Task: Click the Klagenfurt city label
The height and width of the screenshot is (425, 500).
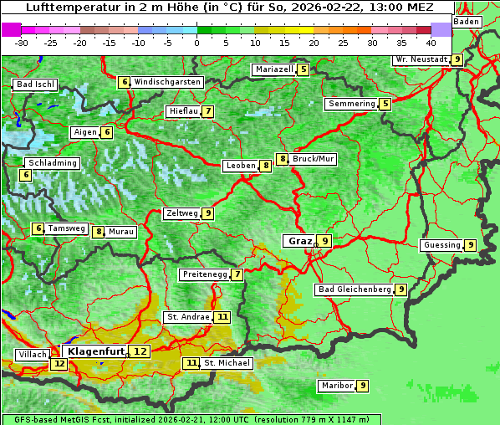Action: pyautogui.click(x=96, y=351)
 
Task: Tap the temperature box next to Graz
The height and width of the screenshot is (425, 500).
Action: pyautogui.click(x=324, y=241)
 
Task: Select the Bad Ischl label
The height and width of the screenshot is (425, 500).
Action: pyautogui.click(x=36, y=84)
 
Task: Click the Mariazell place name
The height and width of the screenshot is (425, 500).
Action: pyautogui.click(x=274, y=69)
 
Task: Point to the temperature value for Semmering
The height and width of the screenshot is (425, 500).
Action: pyautogui.click(x=385, y=104)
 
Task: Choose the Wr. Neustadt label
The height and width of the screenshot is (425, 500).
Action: pyautogui.click(x=421, y=59)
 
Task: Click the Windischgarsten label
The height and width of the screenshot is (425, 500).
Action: pyautogui.click(x=167, y=82)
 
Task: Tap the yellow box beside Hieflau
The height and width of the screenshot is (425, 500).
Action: pyautogui.click(x=207, y=111)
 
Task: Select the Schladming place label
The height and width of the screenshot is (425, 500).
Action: pyautogui.click(x=52, y=163)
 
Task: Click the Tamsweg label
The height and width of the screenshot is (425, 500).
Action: pyautogui.click(x=66, y=228)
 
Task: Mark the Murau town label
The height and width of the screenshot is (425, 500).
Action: pyautogui.click(x=121, y=232)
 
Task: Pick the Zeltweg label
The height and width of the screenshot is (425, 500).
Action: pyautogui.click(x=182, y=213)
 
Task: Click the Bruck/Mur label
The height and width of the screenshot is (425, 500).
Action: pyautogui.click(x=314, y=158)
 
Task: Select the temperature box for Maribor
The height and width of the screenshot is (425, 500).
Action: pyautogui.click(x=362, y=386)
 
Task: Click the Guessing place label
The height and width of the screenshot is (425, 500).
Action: pyautogui.click(x=442, y=245)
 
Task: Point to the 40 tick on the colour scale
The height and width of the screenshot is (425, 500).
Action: pyautogui.click(x=431, y=42)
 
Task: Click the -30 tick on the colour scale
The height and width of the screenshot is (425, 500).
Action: pyautogui.click(x=22, y=42)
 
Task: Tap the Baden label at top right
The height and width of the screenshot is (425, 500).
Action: pyautogui.click(x=467, y=22)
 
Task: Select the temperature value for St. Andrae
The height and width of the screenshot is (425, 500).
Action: pyautogui.click(x=222, y=317)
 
